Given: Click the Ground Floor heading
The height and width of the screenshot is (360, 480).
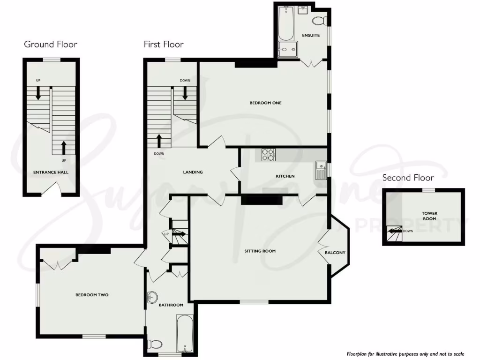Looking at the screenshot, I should pos(51,45).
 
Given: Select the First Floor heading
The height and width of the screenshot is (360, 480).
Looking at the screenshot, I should pos(164,45).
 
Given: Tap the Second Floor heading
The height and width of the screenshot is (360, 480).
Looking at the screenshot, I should pos(408,178).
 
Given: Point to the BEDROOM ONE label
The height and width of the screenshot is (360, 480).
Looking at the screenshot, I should pos(265,103).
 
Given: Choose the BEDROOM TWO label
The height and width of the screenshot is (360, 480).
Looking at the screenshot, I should pos(92,295).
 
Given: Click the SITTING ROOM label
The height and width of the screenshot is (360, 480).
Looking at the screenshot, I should pos(260,251).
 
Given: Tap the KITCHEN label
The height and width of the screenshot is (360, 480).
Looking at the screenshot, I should pos(285,176).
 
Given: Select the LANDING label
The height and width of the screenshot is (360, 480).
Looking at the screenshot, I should pos(193,172).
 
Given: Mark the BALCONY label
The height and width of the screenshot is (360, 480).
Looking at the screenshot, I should pos(335,253).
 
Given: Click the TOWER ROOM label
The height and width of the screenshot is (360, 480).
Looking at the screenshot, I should pos(429,216).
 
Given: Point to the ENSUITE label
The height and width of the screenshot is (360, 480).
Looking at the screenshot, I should pos(311,35).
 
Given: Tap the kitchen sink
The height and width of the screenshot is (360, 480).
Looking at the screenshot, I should pos(321,170).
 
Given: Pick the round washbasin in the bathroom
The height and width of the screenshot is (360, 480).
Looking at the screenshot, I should pos(152,297).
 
